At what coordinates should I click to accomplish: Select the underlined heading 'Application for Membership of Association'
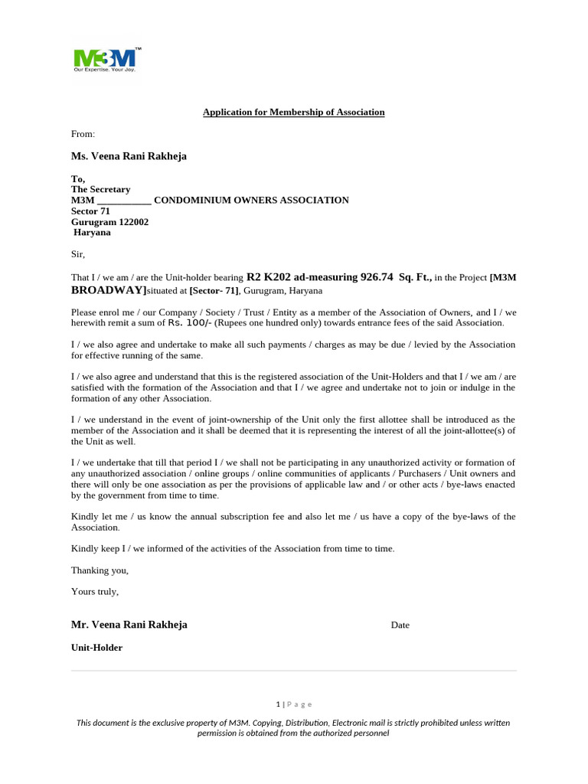(x=293, y=113)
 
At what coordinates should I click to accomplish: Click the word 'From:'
(x=83, y=134)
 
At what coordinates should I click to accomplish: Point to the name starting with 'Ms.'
(x=129, y=156)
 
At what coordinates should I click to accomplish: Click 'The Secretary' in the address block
(x=100, y=189)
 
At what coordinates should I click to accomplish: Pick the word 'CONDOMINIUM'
(x=188, y=201)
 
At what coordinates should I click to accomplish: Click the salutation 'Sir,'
(x=79, y=254)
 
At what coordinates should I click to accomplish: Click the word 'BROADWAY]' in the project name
(x=109, y=290)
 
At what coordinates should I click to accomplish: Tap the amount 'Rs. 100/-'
(x=191, y=323)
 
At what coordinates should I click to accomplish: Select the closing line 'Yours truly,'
(x=95, y=592)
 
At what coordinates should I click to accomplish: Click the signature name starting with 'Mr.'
(x=129, y=625)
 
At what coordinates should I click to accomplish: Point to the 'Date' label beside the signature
(x=400, y=626)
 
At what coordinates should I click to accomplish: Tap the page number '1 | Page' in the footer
(x=294, y=704)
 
